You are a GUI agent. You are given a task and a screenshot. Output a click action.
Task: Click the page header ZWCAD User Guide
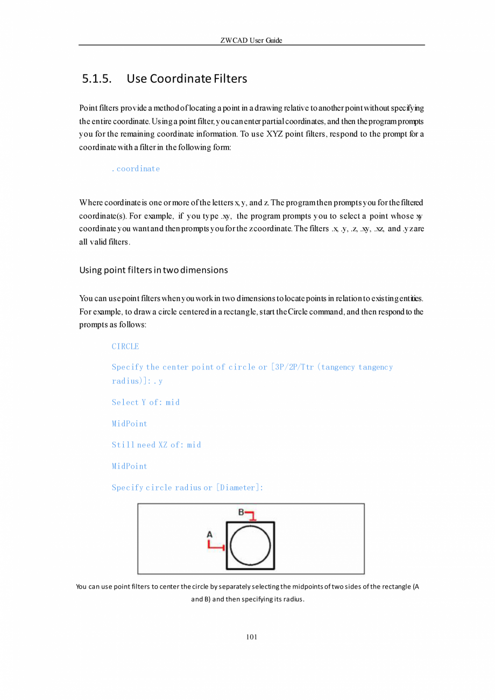(x=251, y=40)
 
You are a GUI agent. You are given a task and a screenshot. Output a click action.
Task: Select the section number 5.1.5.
(x=97, y=79)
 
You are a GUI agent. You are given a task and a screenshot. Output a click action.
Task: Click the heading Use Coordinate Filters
(x=187, y=79)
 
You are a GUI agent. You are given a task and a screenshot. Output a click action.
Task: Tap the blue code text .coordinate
(x=136, y=169)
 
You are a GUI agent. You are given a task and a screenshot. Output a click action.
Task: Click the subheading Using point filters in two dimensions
(x=153, y=270)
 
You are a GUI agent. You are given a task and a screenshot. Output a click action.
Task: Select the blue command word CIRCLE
(x=125, y=346)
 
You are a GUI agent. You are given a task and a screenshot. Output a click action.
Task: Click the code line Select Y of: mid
(x=145, y=402)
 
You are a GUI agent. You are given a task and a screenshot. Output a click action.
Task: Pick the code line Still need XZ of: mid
(x=156, y=445)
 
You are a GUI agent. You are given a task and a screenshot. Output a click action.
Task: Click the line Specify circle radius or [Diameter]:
(x=187, y=487)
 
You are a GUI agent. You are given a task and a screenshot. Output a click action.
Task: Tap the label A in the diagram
(x=210, y=534)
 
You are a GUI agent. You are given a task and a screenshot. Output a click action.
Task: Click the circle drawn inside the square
(x=250, y=545)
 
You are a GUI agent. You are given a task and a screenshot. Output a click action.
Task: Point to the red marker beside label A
(x=216, y=545)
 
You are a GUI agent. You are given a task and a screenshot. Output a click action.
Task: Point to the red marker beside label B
(x=251, y=516)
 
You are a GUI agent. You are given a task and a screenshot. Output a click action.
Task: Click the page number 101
(x=251, y=637)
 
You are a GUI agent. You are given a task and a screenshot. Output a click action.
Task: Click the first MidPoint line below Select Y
(x=129, y=424)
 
